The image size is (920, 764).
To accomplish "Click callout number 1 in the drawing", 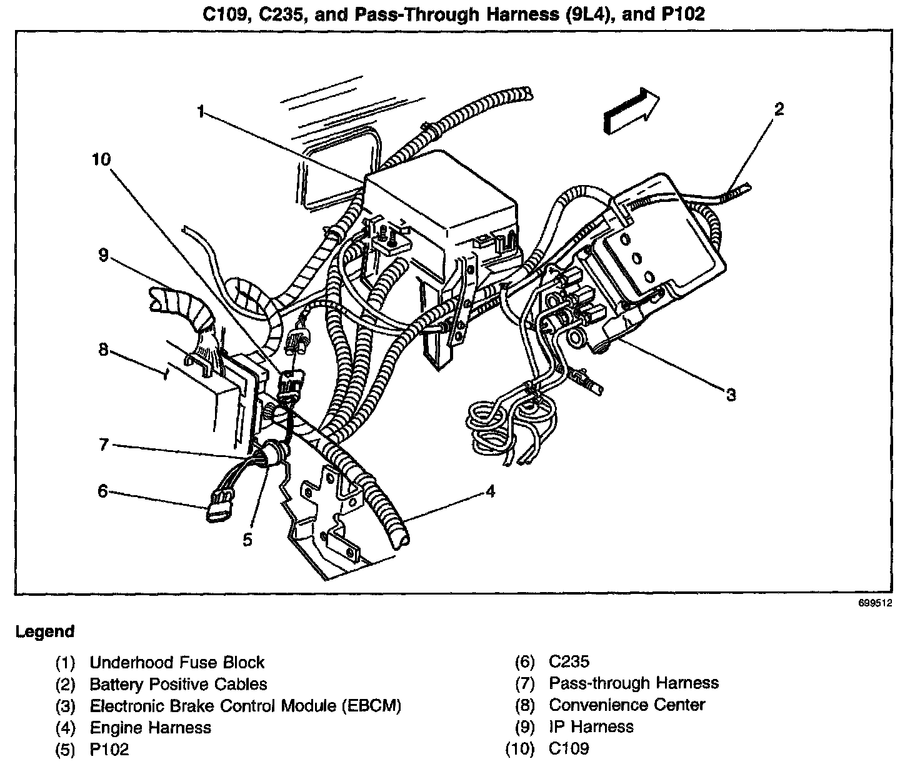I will coord(201,113).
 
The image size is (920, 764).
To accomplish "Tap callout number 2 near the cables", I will coord(778,109).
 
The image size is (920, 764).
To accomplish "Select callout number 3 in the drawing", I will coord(731,395).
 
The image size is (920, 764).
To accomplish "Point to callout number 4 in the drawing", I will coord(491,492).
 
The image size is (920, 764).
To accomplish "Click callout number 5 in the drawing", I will coord(247,540).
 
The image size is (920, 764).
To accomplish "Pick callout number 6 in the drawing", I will coord(102,491).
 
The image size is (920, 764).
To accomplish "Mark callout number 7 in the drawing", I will coord(104,445).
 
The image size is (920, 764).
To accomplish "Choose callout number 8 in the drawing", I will coord(103,349).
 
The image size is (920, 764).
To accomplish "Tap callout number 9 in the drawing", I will coord(103,255).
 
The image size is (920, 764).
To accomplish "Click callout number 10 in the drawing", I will coord(101,160).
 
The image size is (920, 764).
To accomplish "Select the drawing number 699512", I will coord(875,604).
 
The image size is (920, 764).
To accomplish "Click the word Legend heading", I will coord(45,631).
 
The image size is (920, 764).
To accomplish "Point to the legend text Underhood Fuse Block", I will coord(177,663).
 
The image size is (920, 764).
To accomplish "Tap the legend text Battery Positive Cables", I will coord(178,684).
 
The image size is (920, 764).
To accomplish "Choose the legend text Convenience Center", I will coord(627,705).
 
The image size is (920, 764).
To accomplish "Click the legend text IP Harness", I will coord(591,726).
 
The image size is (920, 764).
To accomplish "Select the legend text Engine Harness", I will coord(151,728).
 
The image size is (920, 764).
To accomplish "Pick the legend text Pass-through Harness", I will coord(634,683).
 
